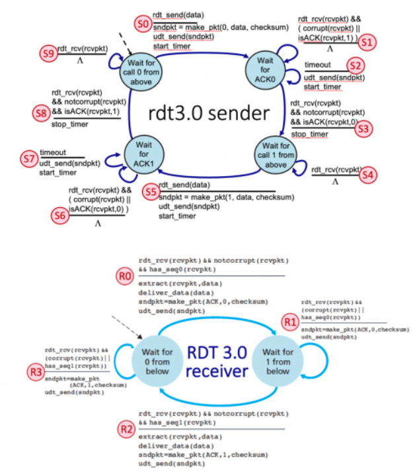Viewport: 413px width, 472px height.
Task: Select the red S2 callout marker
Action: point(357,65)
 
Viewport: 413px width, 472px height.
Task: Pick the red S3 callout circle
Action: point(361,128)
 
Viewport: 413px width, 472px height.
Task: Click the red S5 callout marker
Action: point(151,191)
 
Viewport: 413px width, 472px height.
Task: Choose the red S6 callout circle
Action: point(59,213)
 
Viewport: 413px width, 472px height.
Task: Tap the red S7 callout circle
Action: point(28,159)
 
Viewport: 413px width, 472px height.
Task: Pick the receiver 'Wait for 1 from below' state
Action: point(278,362)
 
